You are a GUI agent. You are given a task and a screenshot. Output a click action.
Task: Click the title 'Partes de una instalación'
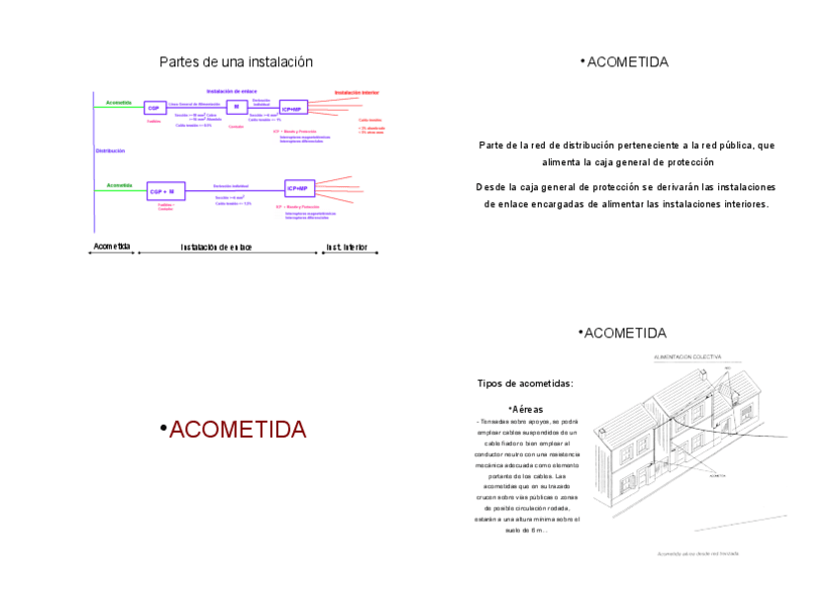[x=236, y=62]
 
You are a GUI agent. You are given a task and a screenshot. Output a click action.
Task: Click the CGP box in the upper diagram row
[x=154, y=108]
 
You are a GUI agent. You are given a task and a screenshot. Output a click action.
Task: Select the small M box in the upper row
[x=236, y=106]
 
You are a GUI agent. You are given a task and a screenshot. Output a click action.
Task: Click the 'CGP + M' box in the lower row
[x=161, y=191]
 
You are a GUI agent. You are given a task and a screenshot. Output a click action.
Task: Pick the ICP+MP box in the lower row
[x=297, y=188]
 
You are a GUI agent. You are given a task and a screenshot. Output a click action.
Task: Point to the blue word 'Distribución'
[x=110, y=150]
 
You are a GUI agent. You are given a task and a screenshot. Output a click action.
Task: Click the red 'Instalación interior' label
[x=356, y=92]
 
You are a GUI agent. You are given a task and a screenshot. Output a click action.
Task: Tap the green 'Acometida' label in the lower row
[x=120, y=185]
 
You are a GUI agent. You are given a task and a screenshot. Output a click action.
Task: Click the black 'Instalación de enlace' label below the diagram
[x=216, y=247]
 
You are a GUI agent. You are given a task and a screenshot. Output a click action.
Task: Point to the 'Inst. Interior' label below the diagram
[x=347, y=247]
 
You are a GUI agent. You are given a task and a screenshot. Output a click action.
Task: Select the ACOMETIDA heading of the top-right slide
[x=627, y=62]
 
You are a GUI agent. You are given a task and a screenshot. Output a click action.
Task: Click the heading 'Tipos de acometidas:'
[x=525, y=383]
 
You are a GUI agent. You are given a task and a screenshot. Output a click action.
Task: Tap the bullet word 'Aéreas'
[x=527, y=409]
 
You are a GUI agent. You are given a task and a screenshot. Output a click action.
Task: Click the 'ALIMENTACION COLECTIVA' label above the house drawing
[x=687, y=355]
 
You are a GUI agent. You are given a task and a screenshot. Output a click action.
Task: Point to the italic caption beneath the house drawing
[x=697, y=553]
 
